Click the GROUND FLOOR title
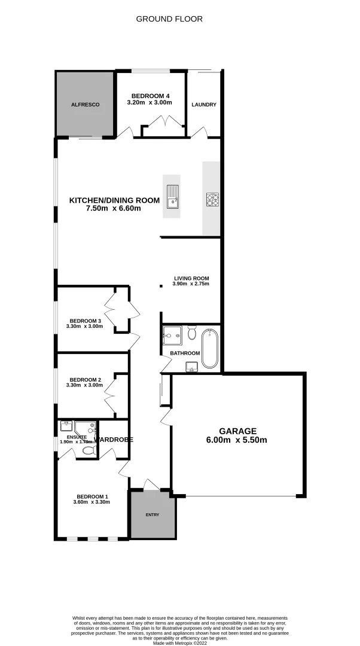[169, 19]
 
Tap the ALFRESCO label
[85, 104]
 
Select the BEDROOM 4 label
[150, 96]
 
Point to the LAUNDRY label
[204, 105]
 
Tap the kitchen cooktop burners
[213, 199]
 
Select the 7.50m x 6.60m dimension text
[114, 209]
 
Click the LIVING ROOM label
[191, 278]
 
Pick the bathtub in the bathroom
[209, 348]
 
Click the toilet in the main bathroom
[192, 331]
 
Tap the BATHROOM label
[185, 353]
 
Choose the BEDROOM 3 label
[85, 320]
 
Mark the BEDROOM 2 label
[85, 379]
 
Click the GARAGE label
[237, 431]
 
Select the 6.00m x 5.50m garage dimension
[237, 440]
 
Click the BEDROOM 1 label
[92, 496]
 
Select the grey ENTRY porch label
[153, 514]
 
